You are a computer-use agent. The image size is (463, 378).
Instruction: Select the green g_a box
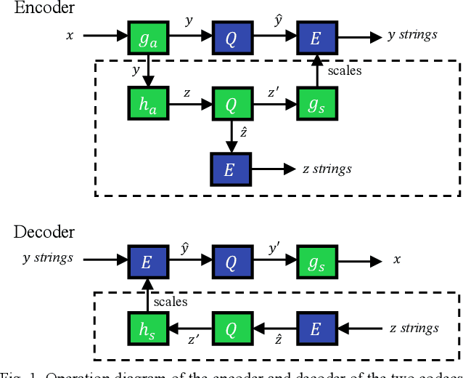pos(147,39)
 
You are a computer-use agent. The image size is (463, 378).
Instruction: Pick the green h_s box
pos(147,329)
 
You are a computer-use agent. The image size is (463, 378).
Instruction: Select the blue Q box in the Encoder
pos(231,39)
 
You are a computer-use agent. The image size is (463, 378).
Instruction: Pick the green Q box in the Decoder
pos(231,329)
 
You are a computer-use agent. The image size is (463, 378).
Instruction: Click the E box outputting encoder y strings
pos(315,39)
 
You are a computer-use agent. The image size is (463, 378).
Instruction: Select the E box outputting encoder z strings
pos(231,171)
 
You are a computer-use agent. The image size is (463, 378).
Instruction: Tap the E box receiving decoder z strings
pos(315,329)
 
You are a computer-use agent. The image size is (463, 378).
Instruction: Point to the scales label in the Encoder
pos(344,71)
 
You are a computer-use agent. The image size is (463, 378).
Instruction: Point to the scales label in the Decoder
pos(171,300)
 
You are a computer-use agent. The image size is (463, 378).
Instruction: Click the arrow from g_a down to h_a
pos(147,73)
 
